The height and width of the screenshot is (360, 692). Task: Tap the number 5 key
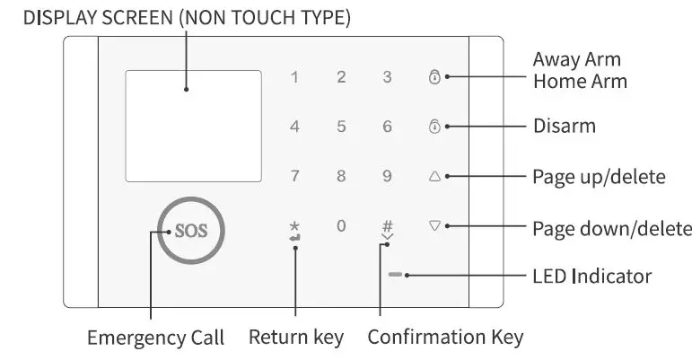click(341, 127)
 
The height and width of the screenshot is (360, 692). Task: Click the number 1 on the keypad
click(294, 78)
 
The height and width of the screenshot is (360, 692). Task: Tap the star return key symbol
click(295, 228)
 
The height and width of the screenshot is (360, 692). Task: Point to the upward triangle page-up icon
click(435, 177)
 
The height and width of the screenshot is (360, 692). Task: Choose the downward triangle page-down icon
click(435, 226)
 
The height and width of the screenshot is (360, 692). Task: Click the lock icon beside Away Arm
click(435, 77)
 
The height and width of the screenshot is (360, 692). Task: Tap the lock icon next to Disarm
click(435, 127)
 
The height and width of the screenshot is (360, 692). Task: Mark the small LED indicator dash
click(396, 275)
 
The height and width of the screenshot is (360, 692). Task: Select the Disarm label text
click(564, 126)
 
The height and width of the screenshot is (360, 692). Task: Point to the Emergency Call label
click(155, 338)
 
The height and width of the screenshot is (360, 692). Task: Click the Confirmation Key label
click(445, 338)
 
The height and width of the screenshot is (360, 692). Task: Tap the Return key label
click(296, 338)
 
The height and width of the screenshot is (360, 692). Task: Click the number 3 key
click(388, 78)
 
